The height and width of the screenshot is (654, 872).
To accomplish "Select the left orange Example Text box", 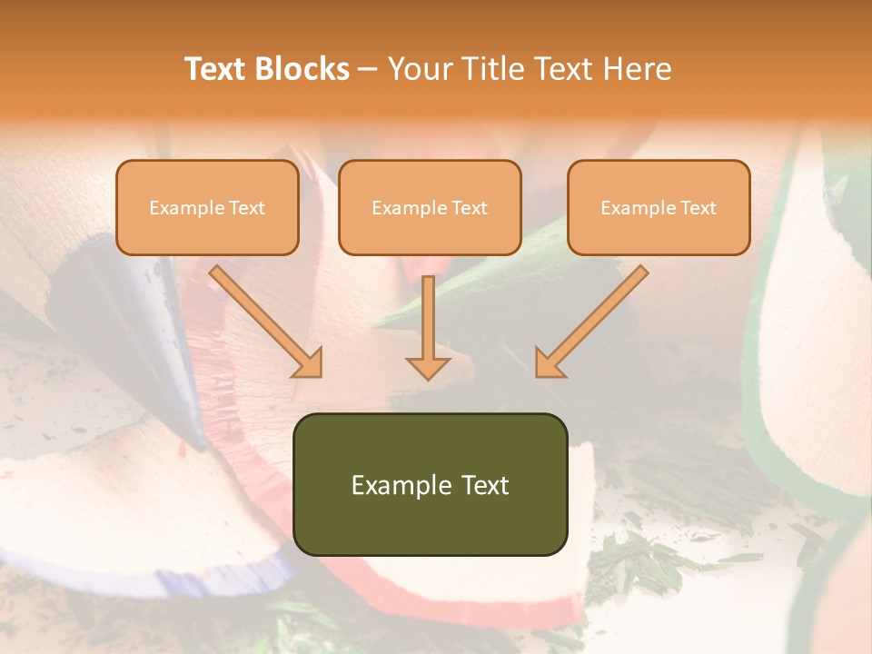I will click(x=207, y=208).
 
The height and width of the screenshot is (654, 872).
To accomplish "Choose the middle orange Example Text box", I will click(x=430, y=208).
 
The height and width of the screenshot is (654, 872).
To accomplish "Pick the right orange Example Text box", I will click(x=659, y=208).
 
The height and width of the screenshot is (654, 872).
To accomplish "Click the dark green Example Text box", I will click(x=430, y=484).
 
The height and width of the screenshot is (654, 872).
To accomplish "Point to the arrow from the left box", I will click(x=263, y=319).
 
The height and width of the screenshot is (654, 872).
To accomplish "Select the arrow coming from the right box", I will click(x=594, y=319).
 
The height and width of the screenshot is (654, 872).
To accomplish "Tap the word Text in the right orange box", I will click(x=699, y=208).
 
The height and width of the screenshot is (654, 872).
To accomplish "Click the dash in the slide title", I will click(x=368, y=69).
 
